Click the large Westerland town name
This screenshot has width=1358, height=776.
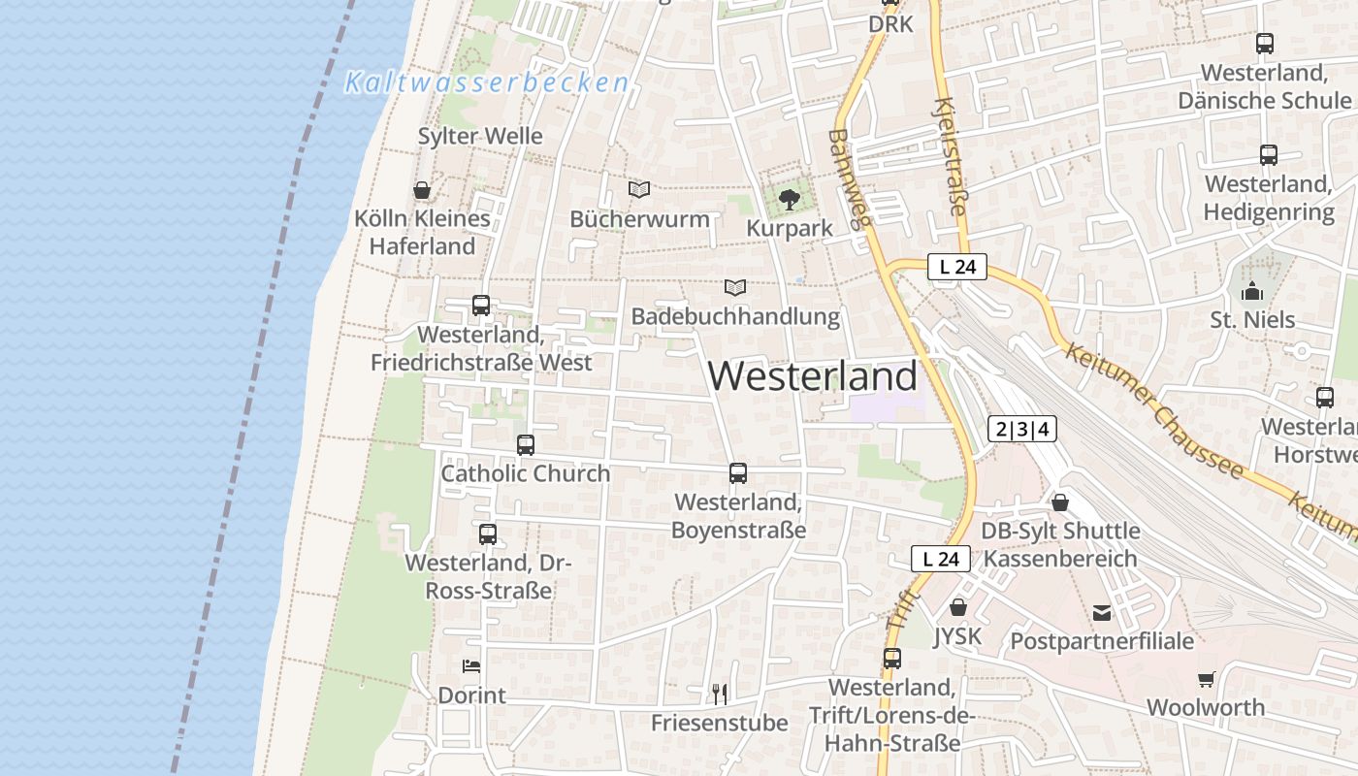tap(813, 376)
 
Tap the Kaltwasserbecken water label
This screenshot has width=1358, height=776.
tap(487, 83)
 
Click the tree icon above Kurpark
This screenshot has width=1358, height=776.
tap(790, 200)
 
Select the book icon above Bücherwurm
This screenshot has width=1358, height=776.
tap(638, 189)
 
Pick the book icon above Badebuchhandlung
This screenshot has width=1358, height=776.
tap(735, 287)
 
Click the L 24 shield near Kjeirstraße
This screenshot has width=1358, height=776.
tap(956, 267)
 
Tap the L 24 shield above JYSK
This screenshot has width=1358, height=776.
tap(940, 559)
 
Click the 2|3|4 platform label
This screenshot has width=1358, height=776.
tap(1022, 429)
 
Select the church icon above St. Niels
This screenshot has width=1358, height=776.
tap(1252, 291)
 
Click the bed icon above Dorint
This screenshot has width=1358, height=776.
tap(471, 666)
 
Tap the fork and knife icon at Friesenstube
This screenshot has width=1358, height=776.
tap(719, 694)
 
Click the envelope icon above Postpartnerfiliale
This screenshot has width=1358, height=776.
tap(1102, 612)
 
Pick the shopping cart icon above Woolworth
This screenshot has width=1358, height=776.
tap(1206, 679)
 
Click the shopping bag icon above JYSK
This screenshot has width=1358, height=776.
tap(958, 607)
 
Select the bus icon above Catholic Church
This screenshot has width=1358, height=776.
tap(526, 445)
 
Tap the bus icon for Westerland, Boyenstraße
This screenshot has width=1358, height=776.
tap(738, 473)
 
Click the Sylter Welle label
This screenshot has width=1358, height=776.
tap(480, 136)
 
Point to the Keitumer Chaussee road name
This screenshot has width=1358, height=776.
tap(1153, 410)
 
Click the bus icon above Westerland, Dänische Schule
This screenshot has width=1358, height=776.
tap(1264, 44)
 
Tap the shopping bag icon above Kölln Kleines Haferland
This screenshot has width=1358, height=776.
tap(422, 190)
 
